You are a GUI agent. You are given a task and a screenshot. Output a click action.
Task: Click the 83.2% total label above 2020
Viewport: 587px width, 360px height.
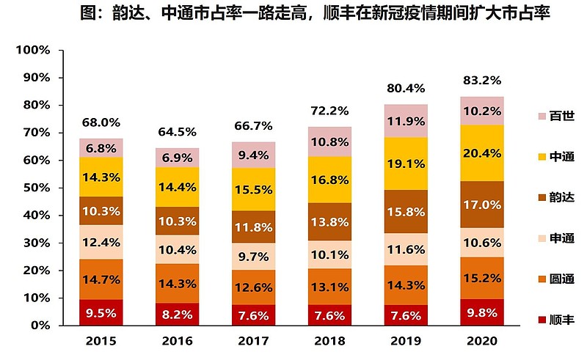(x=481, y=81)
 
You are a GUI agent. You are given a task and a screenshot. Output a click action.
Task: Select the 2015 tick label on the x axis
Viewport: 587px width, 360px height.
(x=101, y=341)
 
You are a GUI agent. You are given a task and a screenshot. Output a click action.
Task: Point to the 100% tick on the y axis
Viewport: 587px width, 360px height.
(x=33, y=50)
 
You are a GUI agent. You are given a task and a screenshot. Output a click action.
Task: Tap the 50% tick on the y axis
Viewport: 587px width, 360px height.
(x=35, y=188)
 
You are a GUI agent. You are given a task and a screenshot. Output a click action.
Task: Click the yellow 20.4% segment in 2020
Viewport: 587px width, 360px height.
(x=481, y=153)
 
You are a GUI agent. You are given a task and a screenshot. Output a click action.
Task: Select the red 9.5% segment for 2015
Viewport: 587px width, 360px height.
(x=101, y=314)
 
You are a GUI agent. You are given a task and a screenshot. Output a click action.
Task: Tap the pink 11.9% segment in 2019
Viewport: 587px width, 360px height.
(x=406, y=121)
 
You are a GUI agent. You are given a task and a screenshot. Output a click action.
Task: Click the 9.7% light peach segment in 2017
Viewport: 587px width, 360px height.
(x=254, y=257)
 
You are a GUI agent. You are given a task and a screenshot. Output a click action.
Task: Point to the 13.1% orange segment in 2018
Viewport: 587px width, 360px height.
(x=329, y=287)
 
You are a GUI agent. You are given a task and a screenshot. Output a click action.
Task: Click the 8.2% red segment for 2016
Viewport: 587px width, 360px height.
(x=177, y=314)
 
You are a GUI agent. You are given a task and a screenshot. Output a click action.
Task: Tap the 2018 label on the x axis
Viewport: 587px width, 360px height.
(x=329, y=341)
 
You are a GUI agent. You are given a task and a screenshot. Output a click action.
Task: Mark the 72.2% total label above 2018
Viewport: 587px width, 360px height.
(x=329, y=111)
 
